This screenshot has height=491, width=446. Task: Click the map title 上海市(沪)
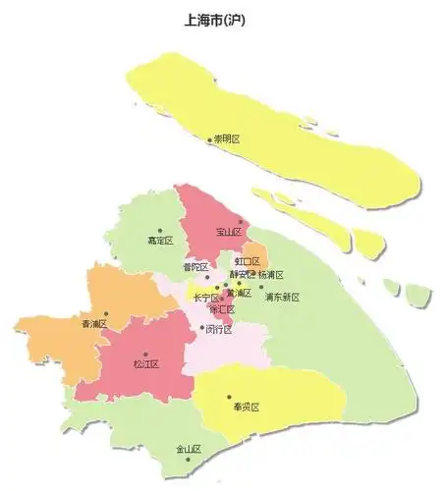(x=222, y=20)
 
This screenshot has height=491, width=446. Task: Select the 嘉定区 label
(x=159, y=241)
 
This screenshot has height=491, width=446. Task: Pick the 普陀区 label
(x=195, y=266)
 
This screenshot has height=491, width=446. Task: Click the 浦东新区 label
(x=282, y=297)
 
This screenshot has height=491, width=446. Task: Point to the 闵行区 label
(x=219, y=330)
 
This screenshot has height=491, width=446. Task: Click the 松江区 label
(x=145, y=364)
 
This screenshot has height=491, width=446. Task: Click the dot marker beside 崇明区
(x=209, y=140)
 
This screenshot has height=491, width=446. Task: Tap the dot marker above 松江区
(x=145, y=354)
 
